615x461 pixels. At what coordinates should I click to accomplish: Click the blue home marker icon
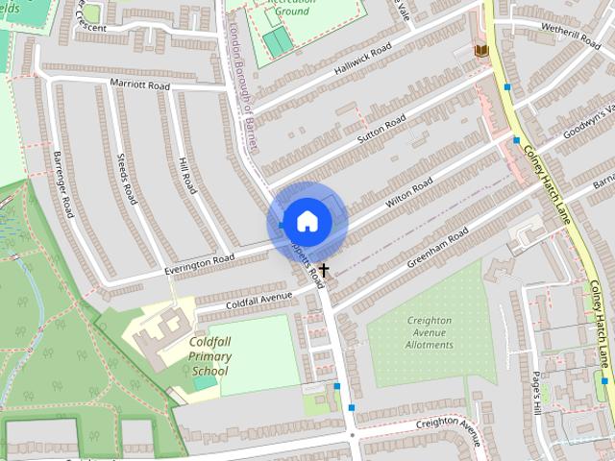pyautogui.click(x=306, y=221)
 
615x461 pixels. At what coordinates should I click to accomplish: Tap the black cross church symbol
pyautogui.click(x=324, y=270)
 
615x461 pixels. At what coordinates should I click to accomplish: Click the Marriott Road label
pyautogui.click(x=140, y=85)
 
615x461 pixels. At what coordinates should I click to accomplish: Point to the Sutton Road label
pyautogui.click(x=382, y=133)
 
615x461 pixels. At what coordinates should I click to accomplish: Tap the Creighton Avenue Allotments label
pyautogui.click(x=429, y=332)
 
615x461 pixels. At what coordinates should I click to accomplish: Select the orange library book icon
pyautogui.click(x=480, y=50)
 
